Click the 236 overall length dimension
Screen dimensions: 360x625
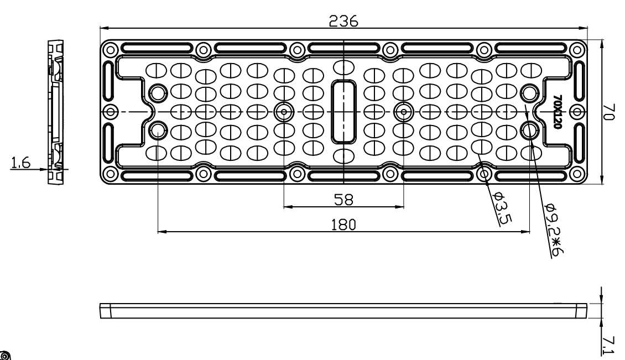click(x=343, y=21)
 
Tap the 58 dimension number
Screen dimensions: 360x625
click(x=343, y=199)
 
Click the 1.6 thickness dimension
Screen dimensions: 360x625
click(x=20, y=162)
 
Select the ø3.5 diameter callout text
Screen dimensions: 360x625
click(x=501, y=208)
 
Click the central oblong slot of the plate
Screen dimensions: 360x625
click(x=344, y=112)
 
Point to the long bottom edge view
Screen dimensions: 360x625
click(x=343, y=310)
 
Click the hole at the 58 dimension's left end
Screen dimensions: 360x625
click(x=284, y=112)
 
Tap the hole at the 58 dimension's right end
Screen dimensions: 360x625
click(x=403, y=112)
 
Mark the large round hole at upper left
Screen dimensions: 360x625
click(x=158, y=92)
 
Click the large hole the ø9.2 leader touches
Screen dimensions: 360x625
click(x=530, y=131)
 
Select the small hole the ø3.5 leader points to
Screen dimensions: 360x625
click(x=485, y=175)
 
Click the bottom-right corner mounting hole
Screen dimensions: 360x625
click(x=577, y=175)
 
